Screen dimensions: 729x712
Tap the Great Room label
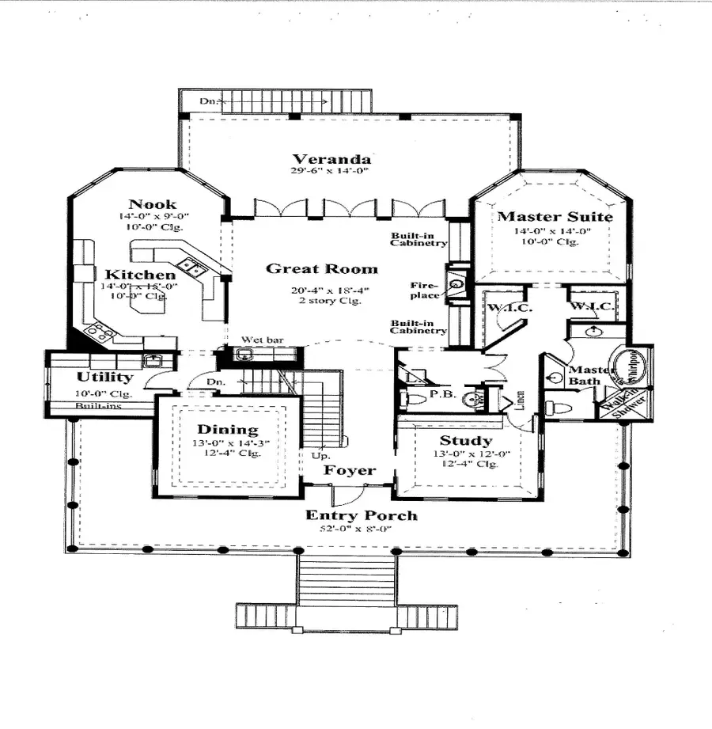coord(321,268)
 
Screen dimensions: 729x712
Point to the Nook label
coord(152,203)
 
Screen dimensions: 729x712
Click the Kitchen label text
coord(140,275)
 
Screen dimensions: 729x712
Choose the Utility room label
coord(104,378)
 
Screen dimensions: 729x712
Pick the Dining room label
coord(227,430)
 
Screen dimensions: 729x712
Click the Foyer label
coord(350,470)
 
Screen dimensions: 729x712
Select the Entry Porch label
coord(362,516)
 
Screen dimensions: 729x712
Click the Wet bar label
coord(262,340)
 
